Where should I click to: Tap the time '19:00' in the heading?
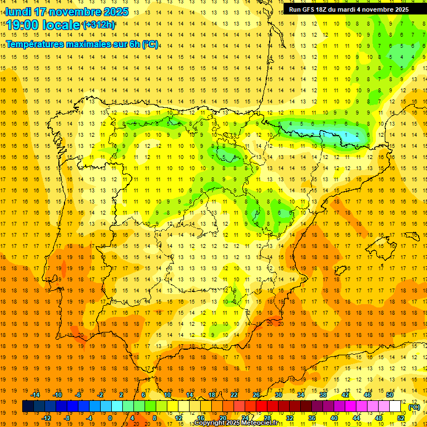click(x=22, y=25)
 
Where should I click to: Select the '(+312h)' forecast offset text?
click(x=99, y=25)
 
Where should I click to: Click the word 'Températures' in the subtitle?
click(x=36, y=44)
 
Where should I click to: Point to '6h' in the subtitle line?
click(x=133, y=44)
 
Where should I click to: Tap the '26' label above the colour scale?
click(x=256, y=395)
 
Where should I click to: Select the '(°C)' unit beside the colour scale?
click(x=414, y=407)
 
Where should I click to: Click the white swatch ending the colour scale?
click(x=395, y=406)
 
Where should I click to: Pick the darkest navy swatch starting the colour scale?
click(x=28, y=406)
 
